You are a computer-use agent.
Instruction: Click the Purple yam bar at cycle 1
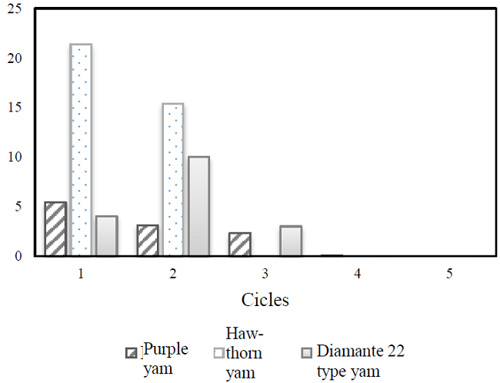coord(55,229)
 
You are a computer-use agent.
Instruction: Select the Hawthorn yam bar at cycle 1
coord(81,150)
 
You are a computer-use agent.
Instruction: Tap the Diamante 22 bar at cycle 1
coord(107,236)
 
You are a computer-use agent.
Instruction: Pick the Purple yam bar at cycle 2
coord(148,241)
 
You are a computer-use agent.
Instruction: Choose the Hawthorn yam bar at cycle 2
coord(173,180)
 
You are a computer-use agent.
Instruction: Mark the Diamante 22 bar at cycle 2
coord(198,206)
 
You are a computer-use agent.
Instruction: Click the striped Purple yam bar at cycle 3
coord(239,245)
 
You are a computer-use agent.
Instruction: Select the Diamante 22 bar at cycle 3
coord(291,241)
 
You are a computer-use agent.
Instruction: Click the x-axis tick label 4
coord(357,273)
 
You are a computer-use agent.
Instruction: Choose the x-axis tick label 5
coord(449,273)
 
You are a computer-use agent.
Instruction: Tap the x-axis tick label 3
coord(265,273)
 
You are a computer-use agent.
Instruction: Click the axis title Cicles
coord(265,300)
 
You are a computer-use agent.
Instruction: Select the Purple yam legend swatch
coord(132,353)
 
